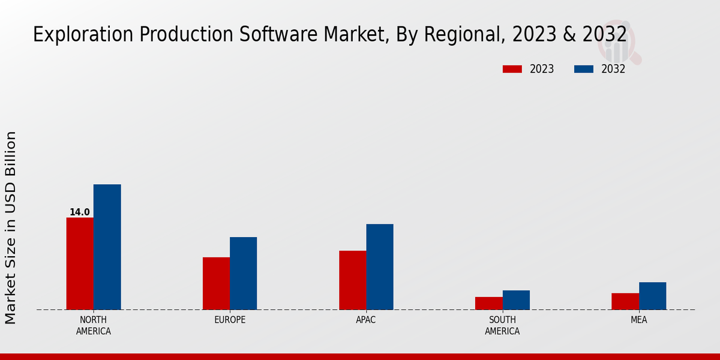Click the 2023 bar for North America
pyautogui.click(x=80, y=263)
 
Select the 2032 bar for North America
pyautogui.click(x=107, y=247)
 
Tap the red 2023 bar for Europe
pyautogui.click(x=216, y=283)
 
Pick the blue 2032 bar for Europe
pyautogui.click(x=243, y=273)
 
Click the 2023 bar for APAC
pyautogui.click(x=352, y=280)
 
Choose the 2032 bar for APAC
pyautogui.click(x=380, y=266)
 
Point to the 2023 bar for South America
pyautogui.click(x=488, y=303)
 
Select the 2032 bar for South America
pyautogui.click(x=516, y=300)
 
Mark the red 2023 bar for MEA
pyautogui.click(x=625, y=301)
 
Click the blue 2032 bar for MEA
pyautogui.click(x=652, y=296)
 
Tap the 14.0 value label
pyautogui.click(x=80, y=212)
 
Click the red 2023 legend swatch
pyautogui.click(x=512, y=69)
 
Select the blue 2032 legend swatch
pyautogui.click(x=583, y=69)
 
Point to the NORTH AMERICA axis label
pyautogui.click(x=93, y=325)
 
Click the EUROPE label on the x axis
pyautogui.click(x=230, y=320)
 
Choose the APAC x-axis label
pyautogui.click(x=366, y=320)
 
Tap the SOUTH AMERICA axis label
pyautogui.click(x=502, y=325)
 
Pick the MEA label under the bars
pyautogui.click(x=638, y=320)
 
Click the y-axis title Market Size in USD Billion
pyautogui.click(x=11, y=228)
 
